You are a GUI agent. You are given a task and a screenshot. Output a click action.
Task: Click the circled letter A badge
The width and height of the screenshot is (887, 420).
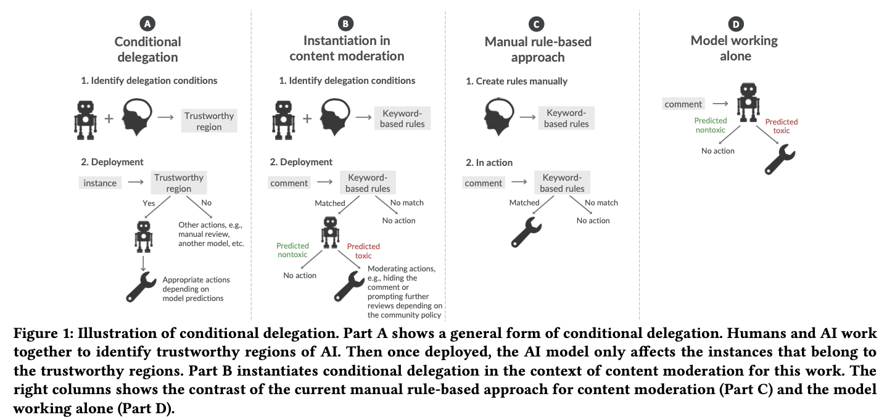click(147, 24)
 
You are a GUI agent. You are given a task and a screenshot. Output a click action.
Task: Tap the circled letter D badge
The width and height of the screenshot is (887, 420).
click(736, 24)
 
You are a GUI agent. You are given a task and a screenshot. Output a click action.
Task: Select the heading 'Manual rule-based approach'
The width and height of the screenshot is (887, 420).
click(538, 49)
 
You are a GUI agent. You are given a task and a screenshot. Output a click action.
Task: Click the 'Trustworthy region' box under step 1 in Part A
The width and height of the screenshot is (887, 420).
click(209, 121)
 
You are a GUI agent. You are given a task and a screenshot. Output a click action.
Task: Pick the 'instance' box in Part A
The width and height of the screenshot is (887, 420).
click(100, 183)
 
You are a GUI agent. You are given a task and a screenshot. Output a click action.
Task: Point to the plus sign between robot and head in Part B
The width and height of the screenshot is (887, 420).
click(307, 118)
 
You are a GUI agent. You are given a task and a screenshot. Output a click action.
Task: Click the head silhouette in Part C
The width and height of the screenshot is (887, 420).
click(499, 117)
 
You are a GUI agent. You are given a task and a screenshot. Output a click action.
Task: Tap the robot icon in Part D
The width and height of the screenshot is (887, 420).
click(748, 102)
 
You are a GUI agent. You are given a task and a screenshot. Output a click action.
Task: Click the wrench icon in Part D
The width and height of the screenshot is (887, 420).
click(780, 160)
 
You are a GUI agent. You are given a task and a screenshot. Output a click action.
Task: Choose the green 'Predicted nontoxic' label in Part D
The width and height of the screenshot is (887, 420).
click(711, 125)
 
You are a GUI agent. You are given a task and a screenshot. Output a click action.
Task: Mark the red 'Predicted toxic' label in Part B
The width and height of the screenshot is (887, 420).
click(363, 251)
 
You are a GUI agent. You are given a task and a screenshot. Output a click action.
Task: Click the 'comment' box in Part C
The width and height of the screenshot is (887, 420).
click(483, 183)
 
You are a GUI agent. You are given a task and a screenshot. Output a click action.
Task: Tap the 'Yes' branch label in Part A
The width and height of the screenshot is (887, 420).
click(149, 203)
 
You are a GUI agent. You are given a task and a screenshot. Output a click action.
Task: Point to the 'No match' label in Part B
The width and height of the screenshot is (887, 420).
click(406, 203)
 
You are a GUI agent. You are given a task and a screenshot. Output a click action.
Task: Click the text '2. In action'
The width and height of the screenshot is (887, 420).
click(489, 162)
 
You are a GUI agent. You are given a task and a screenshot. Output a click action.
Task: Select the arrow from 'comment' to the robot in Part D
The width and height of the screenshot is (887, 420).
click(720, 104)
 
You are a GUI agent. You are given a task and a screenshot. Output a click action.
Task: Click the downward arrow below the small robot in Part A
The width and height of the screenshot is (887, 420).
click(143, 263)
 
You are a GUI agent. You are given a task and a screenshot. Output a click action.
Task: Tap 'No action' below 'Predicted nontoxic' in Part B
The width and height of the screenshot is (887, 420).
click(300, 276)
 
